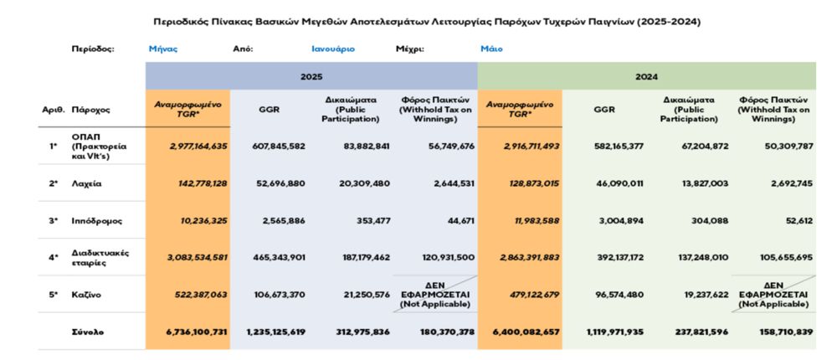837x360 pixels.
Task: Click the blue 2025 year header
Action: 311,76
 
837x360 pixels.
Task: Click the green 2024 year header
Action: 646,76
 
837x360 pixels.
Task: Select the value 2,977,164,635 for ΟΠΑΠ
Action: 186,146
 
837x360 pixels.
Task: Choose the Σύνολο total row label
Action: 88,332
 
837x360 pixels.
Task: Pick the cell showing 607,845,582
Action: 278,146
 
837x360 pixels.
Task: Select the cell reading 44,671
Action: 456,221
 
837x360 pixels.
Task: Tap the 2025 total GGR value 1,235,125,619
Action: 276,332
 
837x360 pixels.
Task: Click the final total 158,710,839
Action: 778,332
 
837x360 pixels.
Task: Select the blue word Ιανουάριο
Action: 333,49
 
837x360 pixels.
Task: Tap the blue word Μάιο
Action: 491,49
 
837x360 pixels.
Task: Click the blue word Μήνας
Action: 163,49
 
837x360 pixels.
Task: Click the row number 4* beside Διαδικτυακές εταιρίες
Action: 54,257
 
